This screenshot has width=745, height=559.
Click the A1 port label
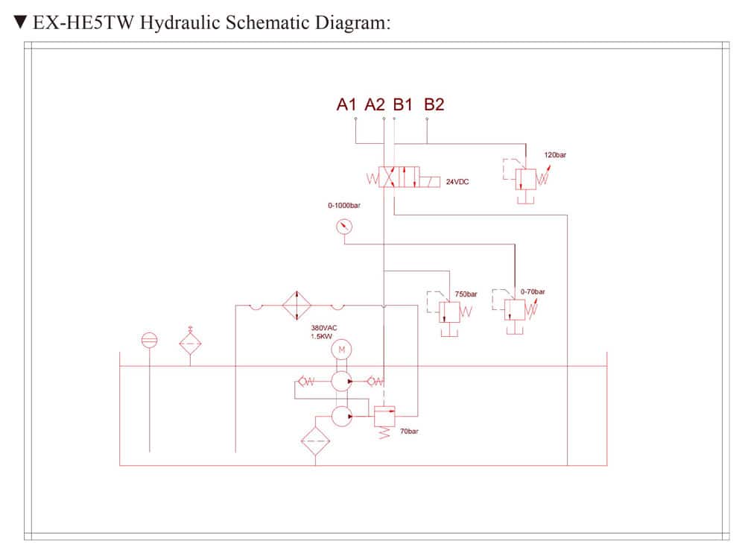coord(347,104)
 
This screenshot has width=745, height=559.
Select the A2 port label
coord(375,104)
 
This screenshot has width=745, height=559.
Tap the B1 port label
coord(403,104)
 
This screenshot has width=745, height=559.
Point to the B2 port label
coord(434,104)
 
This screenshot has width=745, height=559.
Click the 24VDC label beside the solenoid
coord(457,181)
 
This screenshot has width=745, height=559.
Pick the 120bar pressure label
coord(555,155)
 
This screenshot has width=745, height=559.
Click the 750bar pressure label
coord(466,294)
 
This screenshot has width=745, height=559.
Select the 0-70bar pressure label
coord(533,291)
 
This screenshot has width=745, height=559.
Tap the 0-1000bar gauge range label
coord(344,205)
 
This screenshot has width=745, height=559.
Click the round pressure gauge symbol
coord(344,226)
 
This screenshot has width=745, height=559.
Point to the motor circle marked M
coord(341,348)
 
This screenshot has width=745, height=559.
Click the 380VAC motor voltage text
coord(324,327)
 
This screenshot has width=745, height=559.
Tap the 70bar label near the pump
coord(409,432)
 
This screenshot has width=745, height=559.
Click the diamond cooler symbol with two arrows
coord(297,305)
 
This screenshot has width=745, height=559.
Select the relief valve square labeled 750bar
coord(448,312)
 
